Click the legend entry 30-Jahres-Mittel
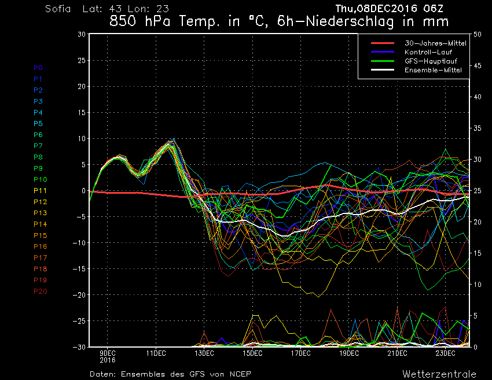[x=435, y=43]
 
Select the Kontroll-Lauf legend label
[x=428, y=52]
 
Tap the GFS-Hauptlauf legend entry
[x=431, y=61]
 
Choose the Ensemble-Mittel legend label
[x=433, y=70]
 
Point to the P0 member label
[x=38, y=68]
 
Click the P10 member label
[x=40, y=179]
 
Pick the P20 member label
[x=40, y=292]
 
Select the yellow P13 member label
[x=40, y=213]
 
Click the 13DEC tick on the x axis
[x=204, y=353]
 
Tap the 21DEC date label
[x=397, y=353]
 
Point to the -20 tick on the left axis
[x=79, y=295]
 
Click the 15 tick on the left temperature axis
[x=81, y=113]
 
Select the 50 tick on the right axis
[x=478, y=35]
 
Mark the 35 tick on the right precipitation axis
[x=478, y=128]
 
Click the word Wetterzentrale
[x=439, y=374]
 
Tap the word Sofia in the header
[x=58, y=9]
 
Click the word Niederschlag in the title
[x=350, y=22]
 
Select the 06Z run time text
[x=433, y=9]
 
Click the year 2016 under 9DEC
[x=108, y=360]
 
